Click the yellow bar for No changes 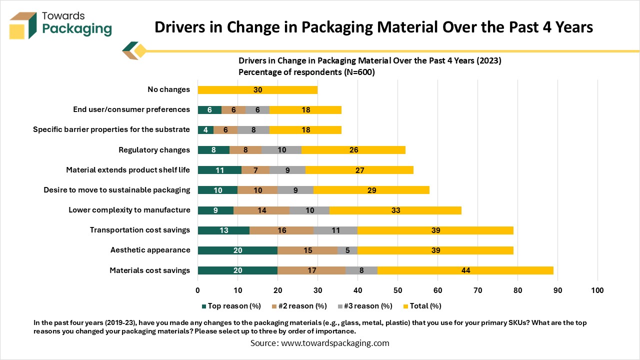(x=257, y=90)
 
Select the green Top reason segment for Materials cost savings (x=237, y=270)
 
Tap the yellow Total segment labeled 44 (x=465, y=270)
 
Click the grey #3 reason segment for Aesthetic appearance (x=347, y=250)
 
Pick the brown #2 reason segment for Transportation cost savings (x=281, y=230)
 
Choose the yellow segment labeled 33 (x=395, y=210)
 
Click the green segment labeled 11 (x=219, y=170)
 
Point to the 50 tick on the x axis (x=397, y=290)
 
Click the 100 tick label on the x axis (x=597, y=290)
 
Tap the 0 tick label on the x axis (x=198, y=290)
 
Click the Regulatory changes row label (x=154, y=150)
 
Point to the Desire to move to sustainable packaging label (x=116, y=190)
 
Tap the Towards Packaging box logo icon (x=22, y=25)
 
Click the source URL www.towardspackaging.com (x=335, y=343)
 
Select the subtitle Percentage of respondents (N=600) (x=306, y=72)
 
